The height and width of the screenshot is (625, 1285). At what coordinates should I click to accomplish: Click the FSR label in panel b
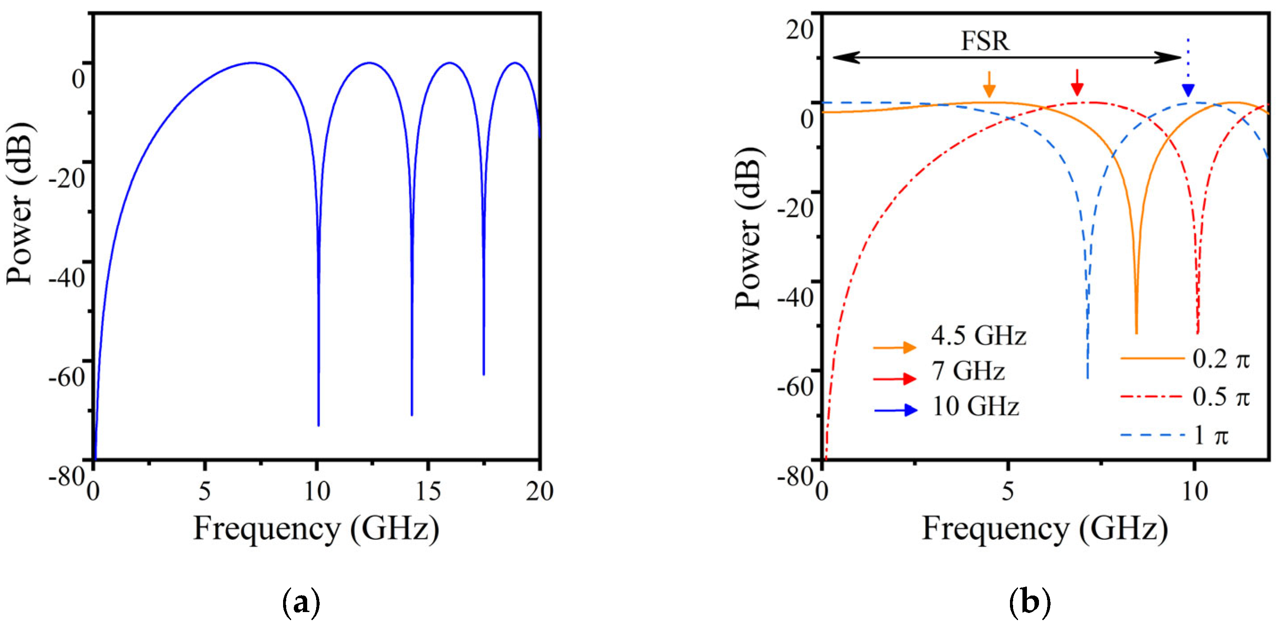985,41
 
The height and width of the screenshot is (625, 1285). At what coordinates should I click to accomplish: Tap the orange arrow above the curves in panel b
989,85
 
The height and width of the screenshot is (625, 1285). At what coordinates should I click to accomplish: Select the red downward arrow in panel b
1077,83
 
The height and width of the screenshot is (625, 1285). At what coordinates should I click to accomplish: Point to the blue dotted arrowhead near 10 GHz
1188,90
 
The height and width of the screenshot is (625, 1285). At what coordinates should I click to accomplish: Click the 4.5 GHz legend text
978,336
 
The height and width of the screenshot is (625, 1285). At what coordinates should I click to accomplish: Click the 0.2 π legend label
1221,359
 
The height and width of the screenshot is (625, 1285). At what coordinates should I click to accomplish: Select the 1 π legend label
1211,436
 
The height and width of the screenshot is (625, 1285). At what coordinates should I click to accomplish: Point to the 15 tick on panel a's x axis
428,492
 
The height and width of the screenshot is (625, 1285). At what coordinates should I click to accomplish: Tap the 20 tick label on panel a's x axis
539,492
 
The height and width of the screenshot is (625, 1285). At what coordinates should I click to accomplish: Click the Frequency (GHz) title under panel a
316,529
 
